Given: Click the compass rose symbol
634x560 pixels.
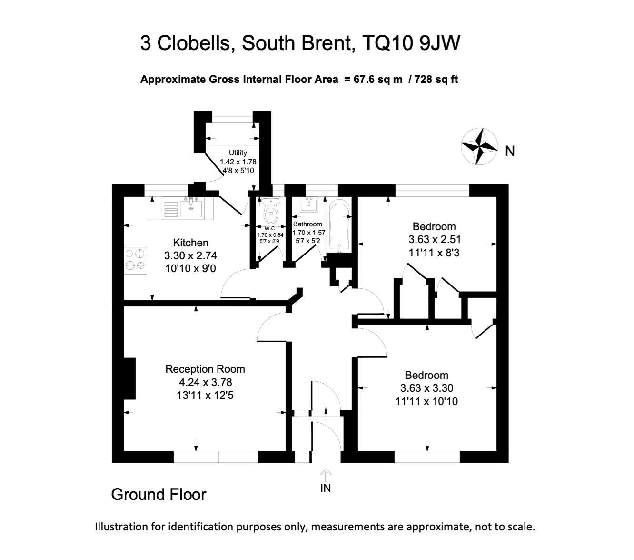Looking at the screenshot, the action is pyautogui.click(x=479, y=147).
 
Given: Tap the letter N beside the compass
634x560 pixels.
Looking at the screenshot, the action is pyautogui.click(x=510, y=151).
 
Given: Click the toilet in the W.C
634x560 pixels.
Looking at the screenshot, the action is pyautogui.click(x=271, y=213).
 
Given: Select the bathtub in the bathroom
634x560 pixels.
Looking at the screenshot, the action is pyautogui.click(x=339, y=225).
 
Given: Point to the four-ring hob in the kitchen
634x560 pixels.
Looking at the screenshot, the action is pyautogui.click(x=136, y=260).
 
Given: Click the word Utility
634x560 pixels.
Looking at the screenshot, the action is pyautogui.click(x=238, y=153).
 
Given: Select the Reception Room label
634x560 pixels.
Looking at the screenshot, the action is pyautogui.click(x=205, y=369).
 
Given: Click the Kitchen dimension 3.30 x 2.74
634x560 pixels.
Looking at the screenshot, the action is pyautogui.click(x=191, y=256).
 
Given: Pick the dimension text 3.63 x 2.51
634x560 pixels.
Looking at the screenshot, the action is pyautogui.click(x=434, y=239).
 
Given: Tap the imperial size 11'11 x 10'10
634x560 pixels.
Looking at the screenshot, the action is pyautogui.click(x=426, y=401).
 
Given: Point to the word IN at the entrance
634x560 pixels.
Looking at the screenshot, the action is pyautogui.click(x=326, y=488).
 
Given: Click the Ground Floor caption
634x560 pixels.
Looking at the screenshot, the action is pyautogui.click(x=158, y=495).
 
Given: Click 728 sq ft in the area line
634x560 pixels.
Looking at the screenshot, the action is pyautogui.click(x=436, y=80).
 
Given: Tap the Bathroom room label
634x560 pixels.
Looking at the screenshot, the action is pyautogui.click(x=307, y=224).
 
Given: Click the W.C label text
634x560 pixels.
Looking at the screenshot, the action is pyautogui.click(x=270, y=228).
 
